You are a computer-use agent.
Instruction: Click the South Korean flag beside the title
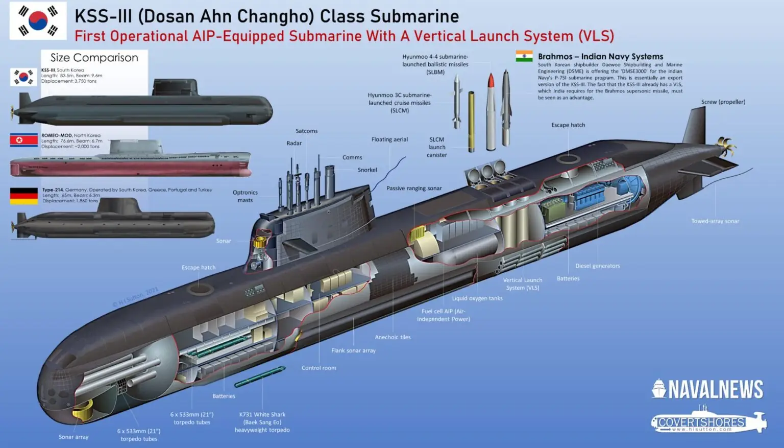click(x=38, y=20)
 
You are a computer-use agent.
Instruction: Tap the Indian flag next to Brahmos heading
click(x=524, y=56)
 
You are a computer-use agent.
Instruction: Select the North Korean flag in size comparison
click(x=24, y=140)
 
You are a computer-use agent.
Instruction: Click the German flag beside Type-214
click(x=24, y=196)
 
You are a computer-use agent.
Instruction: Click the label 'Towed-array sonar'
click(x=715, y=221)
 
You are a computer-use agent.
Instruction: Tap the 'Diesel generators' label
click(x=597, y=266)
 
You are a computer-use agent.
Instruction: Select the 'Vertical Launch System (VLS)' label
click(x=523, y=284)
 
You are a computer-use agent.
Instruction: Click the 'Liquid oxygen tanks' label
click(x=477, y=298)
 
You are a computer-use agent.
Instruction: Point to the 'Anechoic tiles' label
click(x=393, y=337)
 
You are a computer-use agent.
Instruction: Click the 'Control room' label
click(x=318, y=368)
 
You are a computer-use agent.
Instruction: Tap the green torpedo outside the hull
click(x=260, y=376)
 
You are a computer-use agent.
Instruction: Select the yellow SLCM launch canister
click(x=471, y=121)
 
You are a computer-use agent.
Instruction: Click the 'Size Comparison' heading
click(x=94, y=58)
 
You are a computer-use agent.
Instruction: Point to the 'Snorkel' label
click(x=367, y=170)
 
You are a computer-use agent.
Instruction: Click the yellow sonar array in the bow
click(x=83, y=409)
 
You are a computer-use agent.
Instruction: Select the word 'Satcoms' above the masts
click(x=306, y=131)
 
